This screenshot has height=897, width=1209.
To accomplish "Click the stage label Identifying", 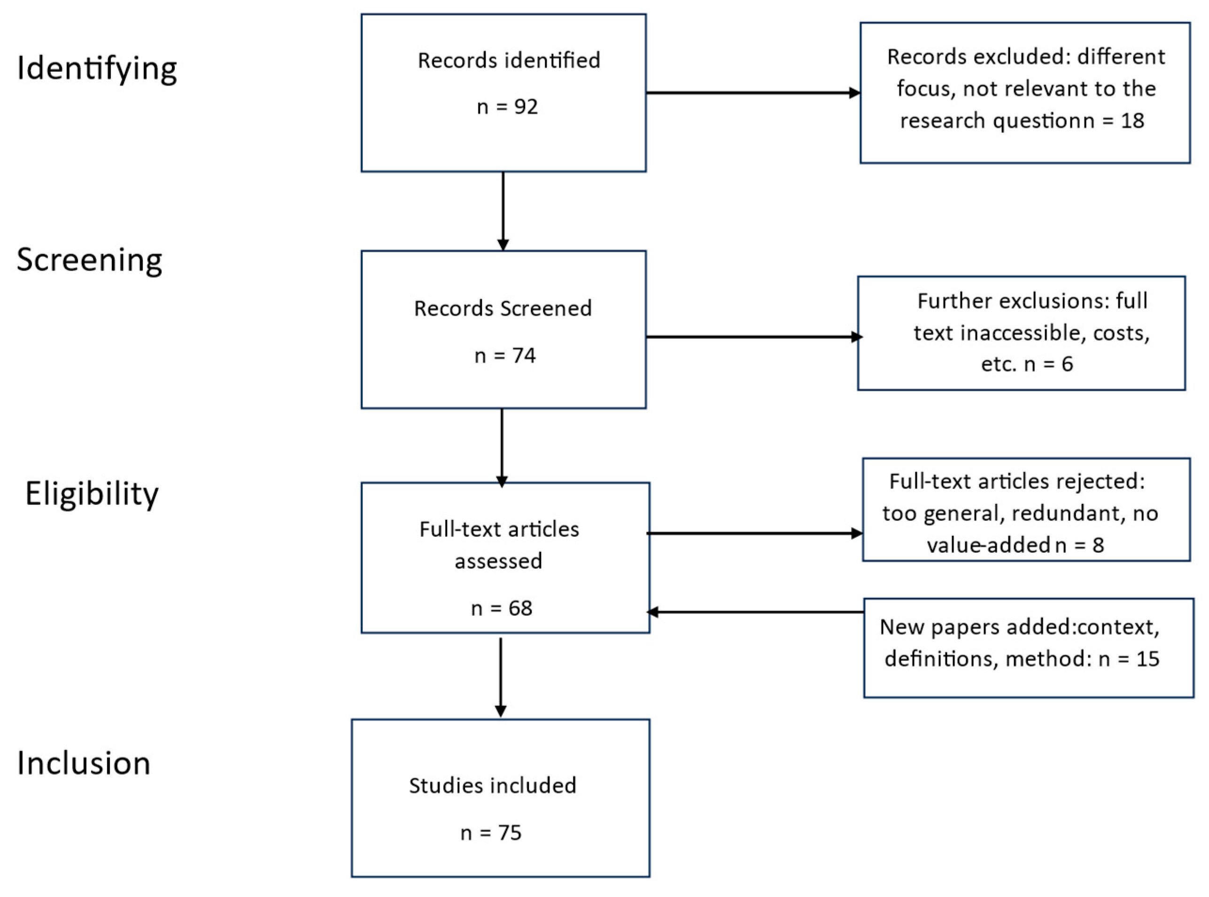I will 97,69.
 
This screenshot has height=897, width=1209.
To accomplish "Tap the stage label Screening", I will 90,260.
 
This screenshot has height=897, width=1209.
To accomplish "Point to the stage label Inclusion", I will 84,763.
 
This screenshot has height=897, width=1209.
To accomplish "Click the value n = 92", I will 507,107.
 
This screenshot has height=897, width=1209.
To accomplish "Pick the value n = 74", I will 505,356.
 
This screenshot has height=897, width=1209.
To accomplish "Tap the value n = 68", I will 501,608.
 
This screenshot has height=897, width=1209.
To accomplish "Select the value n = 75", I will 491,833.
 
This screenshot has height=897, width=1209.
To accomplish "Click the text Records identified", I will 509,60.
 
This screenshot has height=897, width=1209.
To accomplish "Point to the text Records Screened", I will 503,309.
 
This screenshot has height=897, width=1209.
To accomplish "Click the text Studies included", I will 493,786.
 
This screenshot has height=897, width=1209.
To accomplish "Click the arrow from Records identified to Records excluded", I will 752,93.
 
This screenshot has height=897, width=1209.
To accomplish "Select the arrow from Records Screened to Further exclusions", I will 752,337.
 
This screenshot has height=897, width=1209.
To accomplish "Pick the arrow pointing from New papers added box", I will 755,612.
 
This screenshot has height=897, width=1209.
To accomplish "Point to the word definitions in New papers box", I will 941,659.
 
